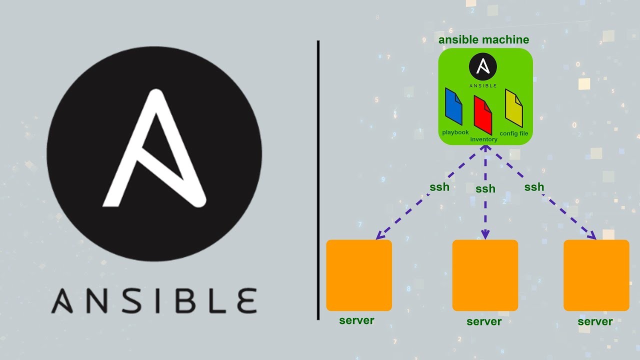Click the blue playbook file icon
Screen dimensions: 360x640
(x=453, y=106)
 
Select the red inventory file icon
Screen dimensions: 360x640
(x=483, y=115)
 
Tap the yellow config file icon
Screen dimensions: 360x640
(x=513, y=108)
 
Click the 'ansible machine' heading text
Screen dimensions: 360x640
(x=483, y=40)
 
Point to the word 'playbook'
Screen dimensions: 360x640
(x=455, y=132)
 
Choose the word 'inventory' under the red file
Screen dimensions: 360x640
(x=483, y=139)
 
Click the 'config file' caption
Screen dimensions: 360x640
(x=513, y=133)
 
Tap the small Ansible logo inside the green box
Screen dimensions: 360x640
(x=482, y=67)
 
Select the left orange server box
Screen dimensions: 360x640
(x=359, y=275)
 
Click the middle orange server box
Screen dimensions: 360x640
(x=485, y=275)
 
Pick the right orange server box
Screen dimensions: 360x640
(x=596, y=275)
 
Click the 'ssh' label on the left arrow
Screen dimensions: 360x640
(x=439, y=187)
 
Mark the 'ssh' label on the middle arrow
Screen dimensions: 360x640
(x=485, y=189)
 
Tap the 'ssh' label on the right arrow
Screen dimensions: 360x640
(x=534, y=187)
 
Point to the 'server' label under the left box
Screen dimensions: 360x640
(x=356, y=320)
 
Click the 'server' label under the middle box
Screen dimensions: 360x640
(x=484, y=321)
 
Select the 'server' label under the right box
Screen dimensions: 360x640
(x=595, y=321)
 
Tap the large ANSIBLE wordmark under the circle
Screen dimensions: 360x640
(x=154, y=300)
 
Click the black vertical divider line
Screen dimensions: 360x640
(x=318, y=180)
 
